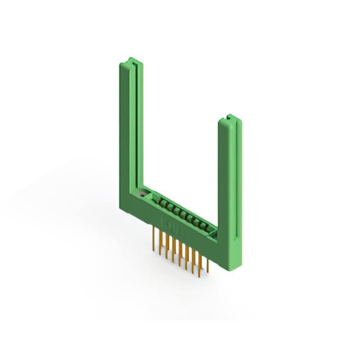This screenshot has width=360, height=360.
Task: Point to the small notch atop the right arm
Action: click(230, 118)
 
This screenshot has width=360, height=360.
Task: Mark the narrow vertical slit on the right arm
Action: click(235, 174)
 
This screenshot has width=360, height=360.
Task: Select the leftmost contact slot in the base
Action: click(160, 201)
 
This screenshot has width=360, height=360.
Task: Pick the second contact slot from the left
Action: click(167, 205)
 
